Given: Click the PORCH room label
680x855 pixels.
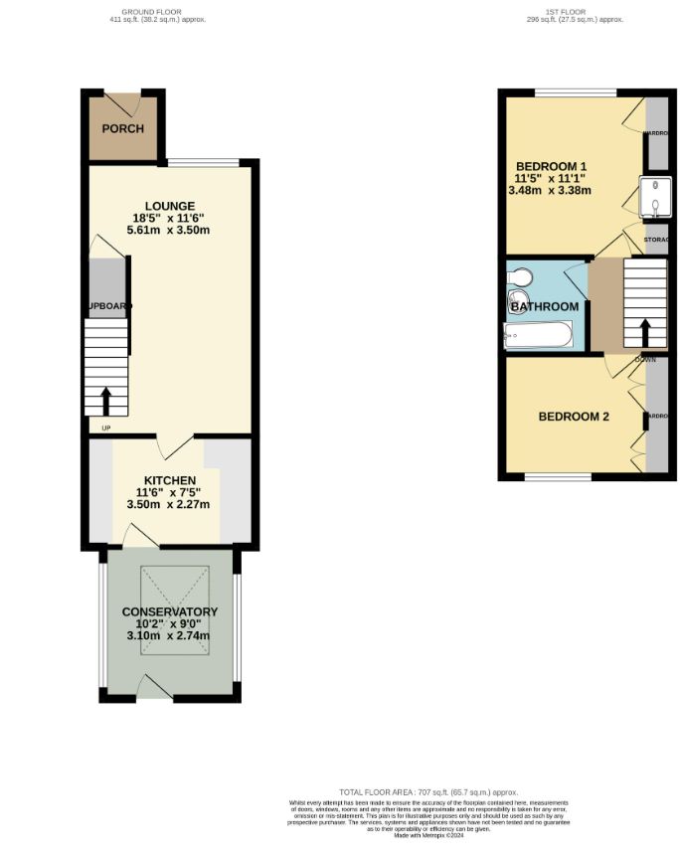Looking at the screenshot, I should [x=123, y=129].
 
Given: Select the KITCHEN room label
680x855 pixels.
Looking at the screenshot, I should [x=168, y=480].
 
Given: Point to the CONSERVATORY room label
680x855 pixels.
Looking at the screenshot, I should [x=169, y=611].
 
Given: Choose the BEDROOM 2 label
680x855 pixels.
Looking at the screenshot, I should [x=574, y=417].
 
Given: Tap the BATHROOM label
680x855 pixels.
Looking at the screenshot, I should [x=545, y=307].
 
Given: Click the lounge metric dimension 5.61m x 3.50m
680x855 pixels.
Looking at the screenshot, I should [x=169, y=230].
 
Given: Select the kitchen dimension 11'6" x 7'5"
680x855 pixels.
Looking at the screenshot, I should [x=168, y=492].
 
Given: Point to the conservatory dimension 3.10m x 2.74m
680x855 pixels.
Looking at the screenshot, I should [x=169, y=636].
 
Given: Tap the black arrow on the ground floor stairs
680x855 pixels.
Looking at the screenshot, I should [x=105, y=401].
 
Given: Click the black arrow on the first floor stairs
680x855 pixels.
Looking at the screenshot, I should [x=644, y=332].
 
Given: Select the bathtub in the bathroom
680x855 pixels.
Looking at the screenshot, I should [x=538, y=336].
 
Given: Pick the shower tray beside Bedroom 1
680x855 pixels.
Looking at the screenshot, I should [x=657, y=196].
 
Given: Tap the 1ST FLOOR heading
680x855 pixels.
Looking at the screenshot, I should [x=562, y=13].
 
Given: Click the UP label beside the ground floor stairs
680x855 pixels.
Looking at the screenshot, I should [x=106, y=427].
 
